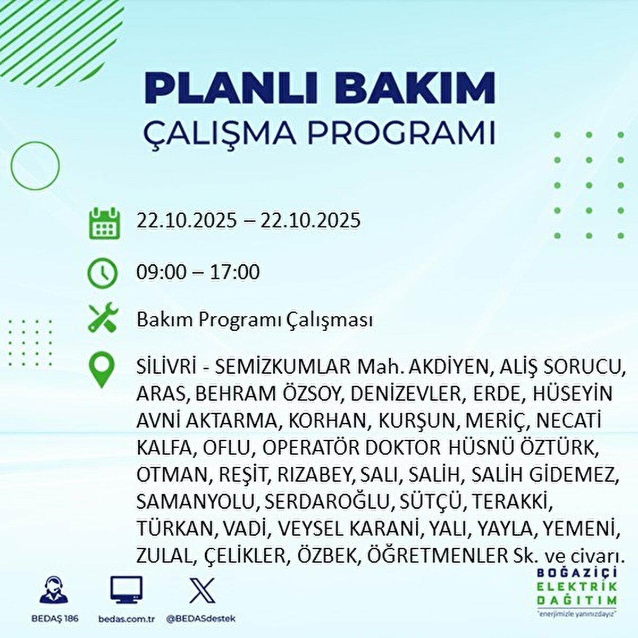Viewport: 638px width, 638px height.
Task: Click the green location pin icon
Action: [x=102, y=371]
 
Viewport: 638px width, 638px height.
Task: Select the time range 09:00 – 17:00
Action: [x=198, y=272]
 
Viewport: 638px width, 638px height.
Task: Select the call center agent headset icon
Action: [x=54, y=590]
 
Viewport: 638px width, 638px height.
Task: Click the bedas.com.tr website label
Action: [x=126, y=619]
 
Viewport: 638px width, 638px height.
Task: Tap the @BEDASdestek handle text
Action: [x=201, y=619]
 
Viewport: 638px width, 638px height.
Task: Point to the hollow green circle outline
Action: [x=35, y=165]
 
